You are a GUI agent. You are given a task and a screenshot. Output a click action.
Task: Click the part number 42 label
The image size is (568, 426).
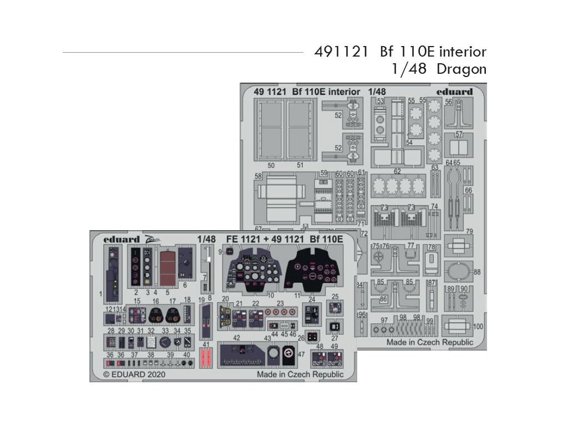[x=236, y=337]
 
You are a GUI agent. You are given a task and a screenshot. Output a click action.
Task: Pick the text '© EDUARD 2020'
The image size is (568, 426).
[x=134, y=374]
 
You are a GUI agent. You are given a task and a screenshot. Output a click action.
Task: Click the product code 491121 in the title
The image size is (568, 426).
[x=341, y=52]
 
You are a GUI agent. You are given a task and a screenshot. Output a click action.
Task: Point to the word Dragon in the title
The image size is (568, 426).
[x=461, y=69]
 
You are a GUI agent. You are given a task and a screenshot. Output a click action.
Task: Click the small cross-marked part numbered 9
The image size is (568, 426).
[x=229, y=251]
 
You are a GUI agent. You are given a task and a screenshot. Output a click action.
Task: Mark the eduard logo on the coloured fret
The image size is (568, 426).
[x=121, y=239]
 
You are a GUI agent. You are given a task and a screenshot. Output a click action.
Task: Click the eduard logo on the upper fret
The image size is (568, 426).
[x=454, y=92]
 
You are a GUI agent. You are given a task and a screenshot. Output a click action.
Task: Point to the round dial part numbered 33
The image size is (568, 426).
[x=165, y=343]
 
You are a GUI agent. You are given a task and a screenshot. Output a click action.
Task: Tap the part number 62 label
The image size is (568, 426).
[x=397, y=171]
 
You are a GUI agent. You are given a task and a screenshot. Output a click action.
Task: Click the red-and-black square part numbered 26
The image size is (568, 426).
[x=314, y=336]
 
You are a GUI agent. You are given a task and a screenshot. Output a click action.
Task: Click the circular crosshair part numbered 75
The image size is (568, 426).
[x=378, y=257]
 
